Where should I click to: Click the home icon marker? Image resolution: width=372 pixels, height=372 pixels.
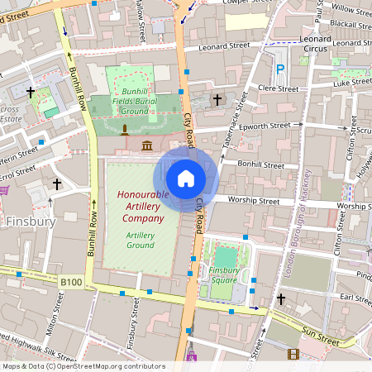pos(186,178)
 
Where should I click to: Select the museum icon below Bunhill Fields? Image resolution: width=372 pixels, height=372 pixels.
pos(147,146)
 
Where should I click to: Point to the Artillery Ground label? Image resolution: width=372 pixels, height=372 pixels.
pos(140,240)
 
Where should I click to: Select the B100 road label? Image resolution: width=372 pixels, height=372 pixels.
pos(71,282)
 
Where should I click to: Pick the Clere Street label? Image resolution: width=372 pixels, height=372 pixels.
pos(278,88)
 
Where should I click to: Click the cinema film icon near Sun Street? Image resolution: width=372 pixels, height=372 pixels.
pos(293,354)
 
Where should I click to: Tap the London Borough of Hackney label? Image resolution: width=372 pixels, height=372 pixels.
pos(300,223)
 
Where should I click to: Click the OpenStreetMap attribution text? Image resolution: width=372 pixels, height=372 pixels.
pos(83,366)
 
